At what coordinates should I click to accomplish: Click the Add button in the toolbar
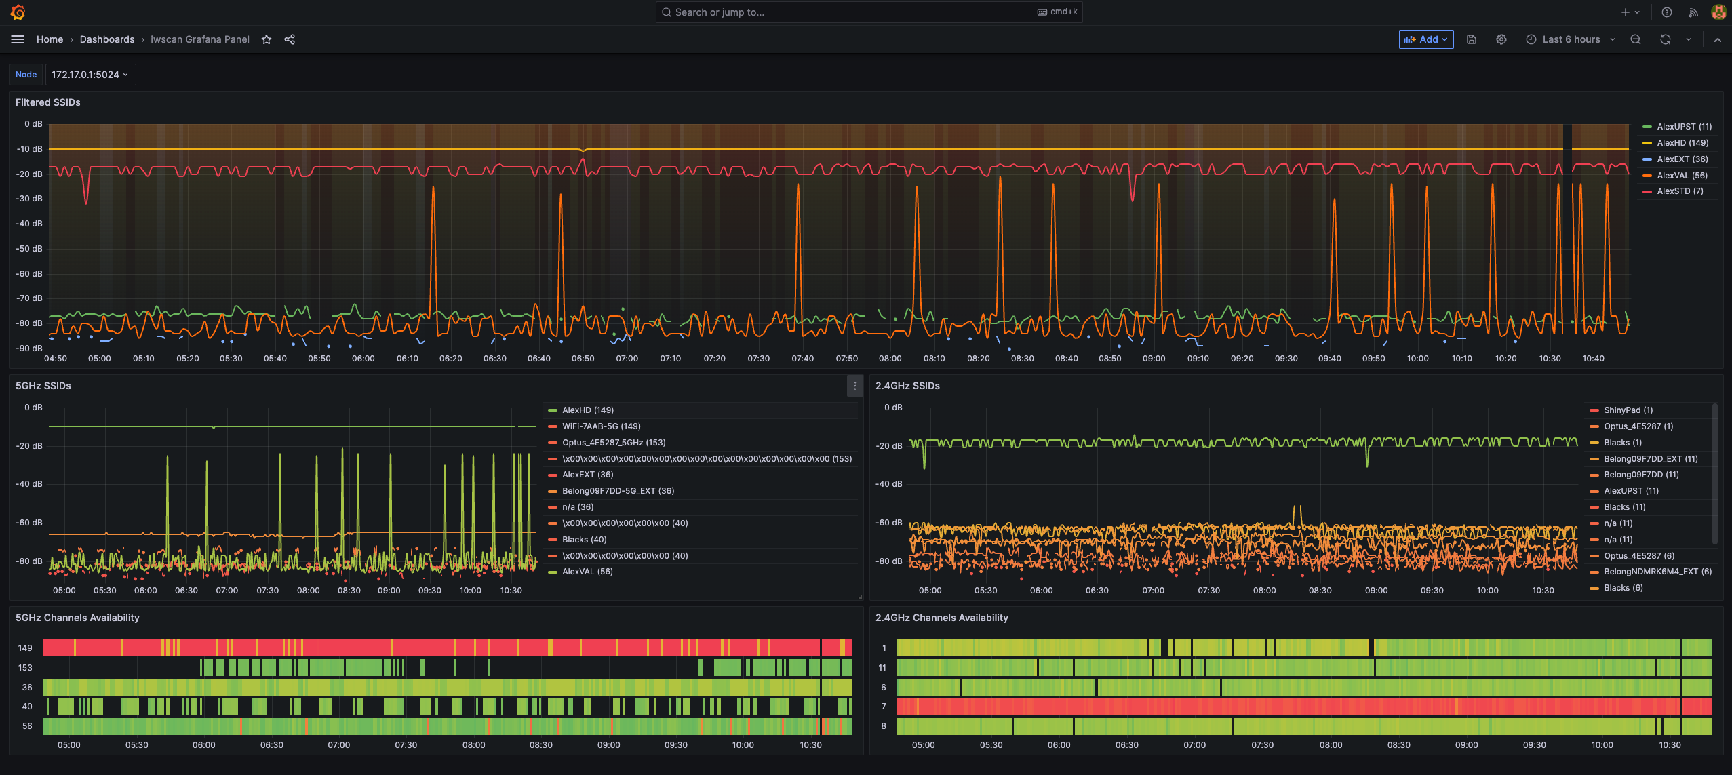point(1425,39)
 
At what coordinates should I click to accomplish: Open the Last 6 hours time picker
point(1570,39)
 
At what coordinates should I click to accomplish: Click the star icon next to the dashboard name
point(267,39)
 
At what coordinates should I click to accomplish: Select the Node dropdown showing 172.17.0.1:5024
point(90,75)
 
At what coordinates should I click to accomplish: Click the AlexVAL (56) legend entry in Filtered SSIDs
point(1681,175)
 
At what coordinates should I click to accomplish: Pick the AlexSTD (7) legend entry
point(1679,191)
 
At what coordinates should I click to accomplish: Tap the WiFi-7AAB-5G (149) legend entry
point(601,426)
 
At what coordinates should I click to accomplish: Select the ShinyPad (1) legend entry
point(1628,410)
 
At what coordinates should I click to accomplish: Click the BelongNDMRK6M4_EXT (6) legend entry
point(1657,572)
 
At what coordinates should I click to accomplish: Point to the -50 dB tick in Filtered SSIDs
point(29,249)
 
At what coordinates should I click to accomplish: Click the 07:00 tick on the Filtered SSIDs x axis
point(627,359)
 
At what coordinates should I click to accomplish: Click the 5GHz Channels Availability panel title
point(77,618)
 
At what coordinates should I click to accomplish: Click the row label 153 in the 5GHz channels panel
point(25,668)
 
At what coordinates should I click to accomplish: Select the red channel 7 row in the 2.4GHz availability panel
point(1288,707)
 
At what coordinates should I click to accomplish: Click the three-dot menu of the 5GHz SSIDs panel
point(854,386)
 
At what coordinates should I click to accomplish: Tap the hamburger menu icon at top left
point(18,39)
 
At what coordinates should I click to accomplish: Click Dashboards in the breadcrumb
point(107,39)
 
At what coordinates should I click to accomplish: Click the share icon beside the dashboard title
point(290,39)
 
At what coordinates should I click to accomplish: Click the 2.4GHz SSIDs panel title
point(907,386)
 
